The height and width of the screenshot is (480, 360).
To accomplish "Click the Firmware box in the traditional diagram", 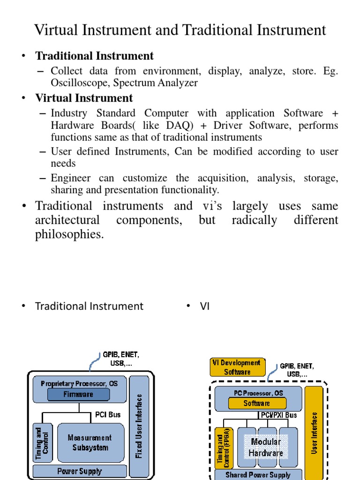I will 78,395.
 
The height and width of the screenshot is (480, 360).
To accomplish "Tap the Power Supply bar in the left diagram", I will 80,471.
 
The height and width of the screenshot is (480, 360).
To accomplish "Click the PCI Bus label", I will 108,415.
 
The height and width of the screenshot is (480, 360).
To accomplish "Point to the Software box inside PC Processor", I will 257,403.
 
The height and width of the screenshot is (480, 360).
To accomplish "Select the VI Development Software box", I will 237,367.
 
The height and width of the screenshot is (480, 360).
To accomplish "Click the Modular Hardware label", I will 266,447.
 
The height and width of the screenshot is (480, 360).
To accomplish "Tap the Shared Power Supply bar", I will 258,475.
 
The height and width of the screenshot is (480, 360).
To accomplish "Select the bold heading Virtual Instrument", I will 84,98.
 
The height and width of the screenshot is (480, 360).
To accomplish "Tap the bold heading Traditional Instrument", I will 94,56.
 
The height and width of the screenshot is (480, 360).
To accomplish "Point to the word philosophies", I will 69,234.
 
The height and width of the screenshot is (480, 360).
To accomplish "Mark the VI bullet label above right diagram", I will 204,306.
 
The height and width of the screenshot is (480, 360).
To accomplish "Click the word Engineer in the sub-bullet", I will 72,178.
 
